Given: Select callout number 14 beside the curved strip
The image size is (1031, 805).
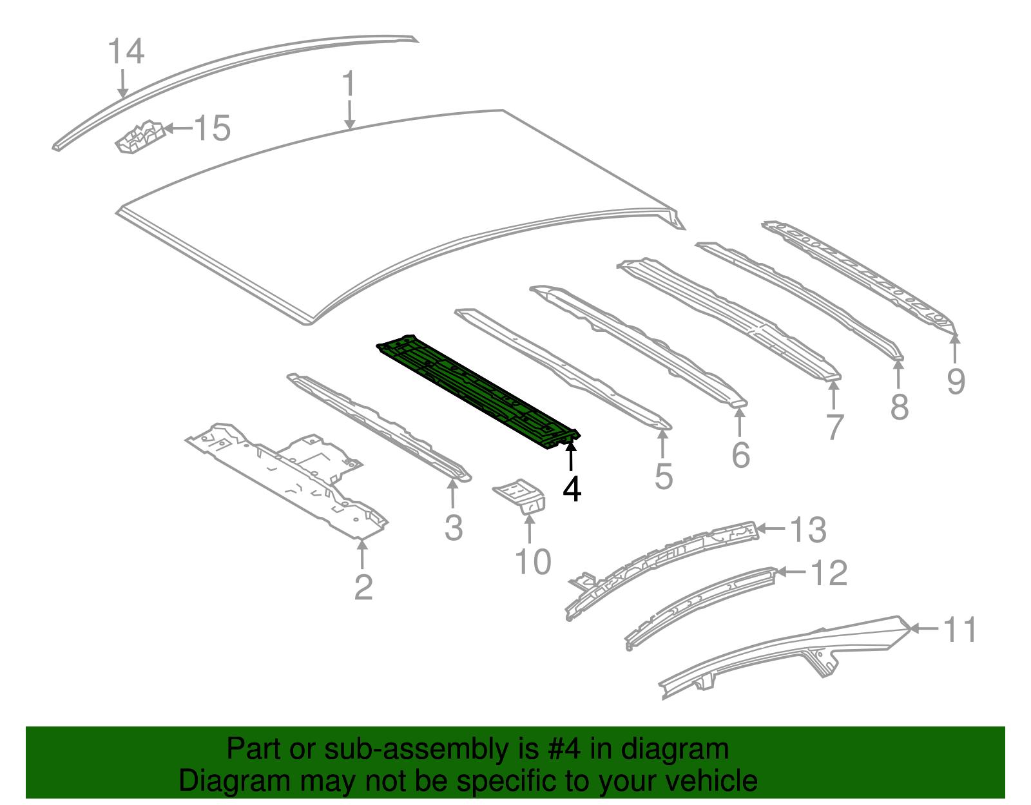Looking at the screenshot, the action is (126, 51).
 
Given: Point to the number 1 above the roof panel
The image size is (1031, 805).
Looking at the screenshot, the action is (349, 84).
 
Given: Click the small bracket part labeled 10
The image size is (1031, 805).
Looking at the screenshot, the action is (519, 496).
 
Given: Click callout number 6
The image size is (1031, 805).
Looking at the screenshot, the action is (741, 454).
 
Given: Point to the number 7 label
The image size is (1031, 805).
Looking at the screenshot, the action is (835, 427).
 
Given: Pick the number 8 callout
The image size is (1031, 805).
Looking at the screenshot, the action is (900, 407).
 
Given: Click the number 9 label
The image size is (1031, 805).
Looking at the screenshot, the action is (956, 381).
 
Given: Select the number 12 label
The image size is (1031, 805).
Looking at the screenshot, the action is (829, 572).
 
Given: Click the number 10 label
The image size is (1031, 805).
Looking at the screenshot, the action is (533, 561).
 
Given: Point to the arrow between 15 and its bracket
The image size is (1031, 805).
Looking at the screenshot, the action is (178, 128).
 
